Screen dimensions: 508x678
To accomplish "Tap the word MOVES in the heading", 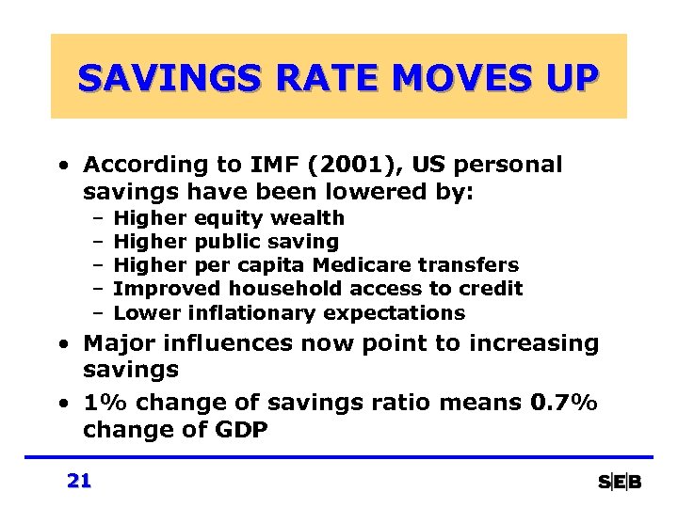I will [429, 77].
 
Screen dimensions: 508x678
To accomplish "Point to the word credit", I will [490, 289].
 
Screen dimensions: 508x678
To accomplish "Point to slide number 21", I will [79, 482].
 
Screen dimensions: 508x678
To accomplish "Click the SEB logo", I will [620, 483].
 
